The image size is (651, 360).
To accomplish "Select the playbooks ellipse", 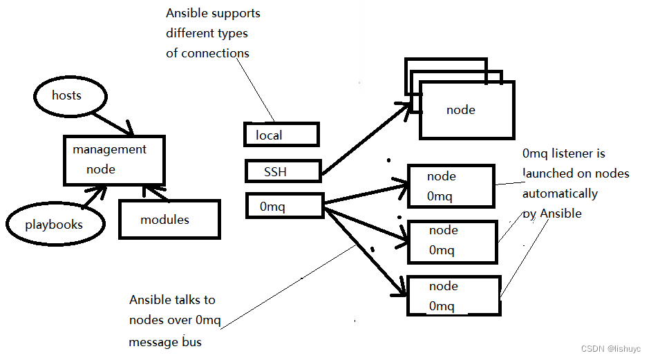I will click(54, 224).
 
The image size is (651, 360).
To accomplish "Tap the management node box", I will click(115, 160).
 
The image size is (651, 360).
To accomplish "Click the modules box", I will click(169, 220).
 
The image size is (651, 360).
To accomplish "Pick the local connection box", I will click(281, 135).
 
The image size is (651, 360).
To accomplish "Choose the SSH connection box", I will click(283, 171).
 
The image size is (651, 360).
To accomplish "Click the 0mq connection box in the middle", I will click(284, 206).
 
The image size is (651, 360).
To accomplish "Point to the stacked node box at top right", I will click(466, 110).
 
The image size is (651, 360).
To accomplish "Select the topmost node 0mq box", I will click(451, 186).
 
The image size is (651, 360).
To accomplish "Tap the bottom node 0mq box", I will click(453, 296).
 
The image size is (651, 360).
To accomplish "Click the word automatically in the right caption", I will click(560, 193).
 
